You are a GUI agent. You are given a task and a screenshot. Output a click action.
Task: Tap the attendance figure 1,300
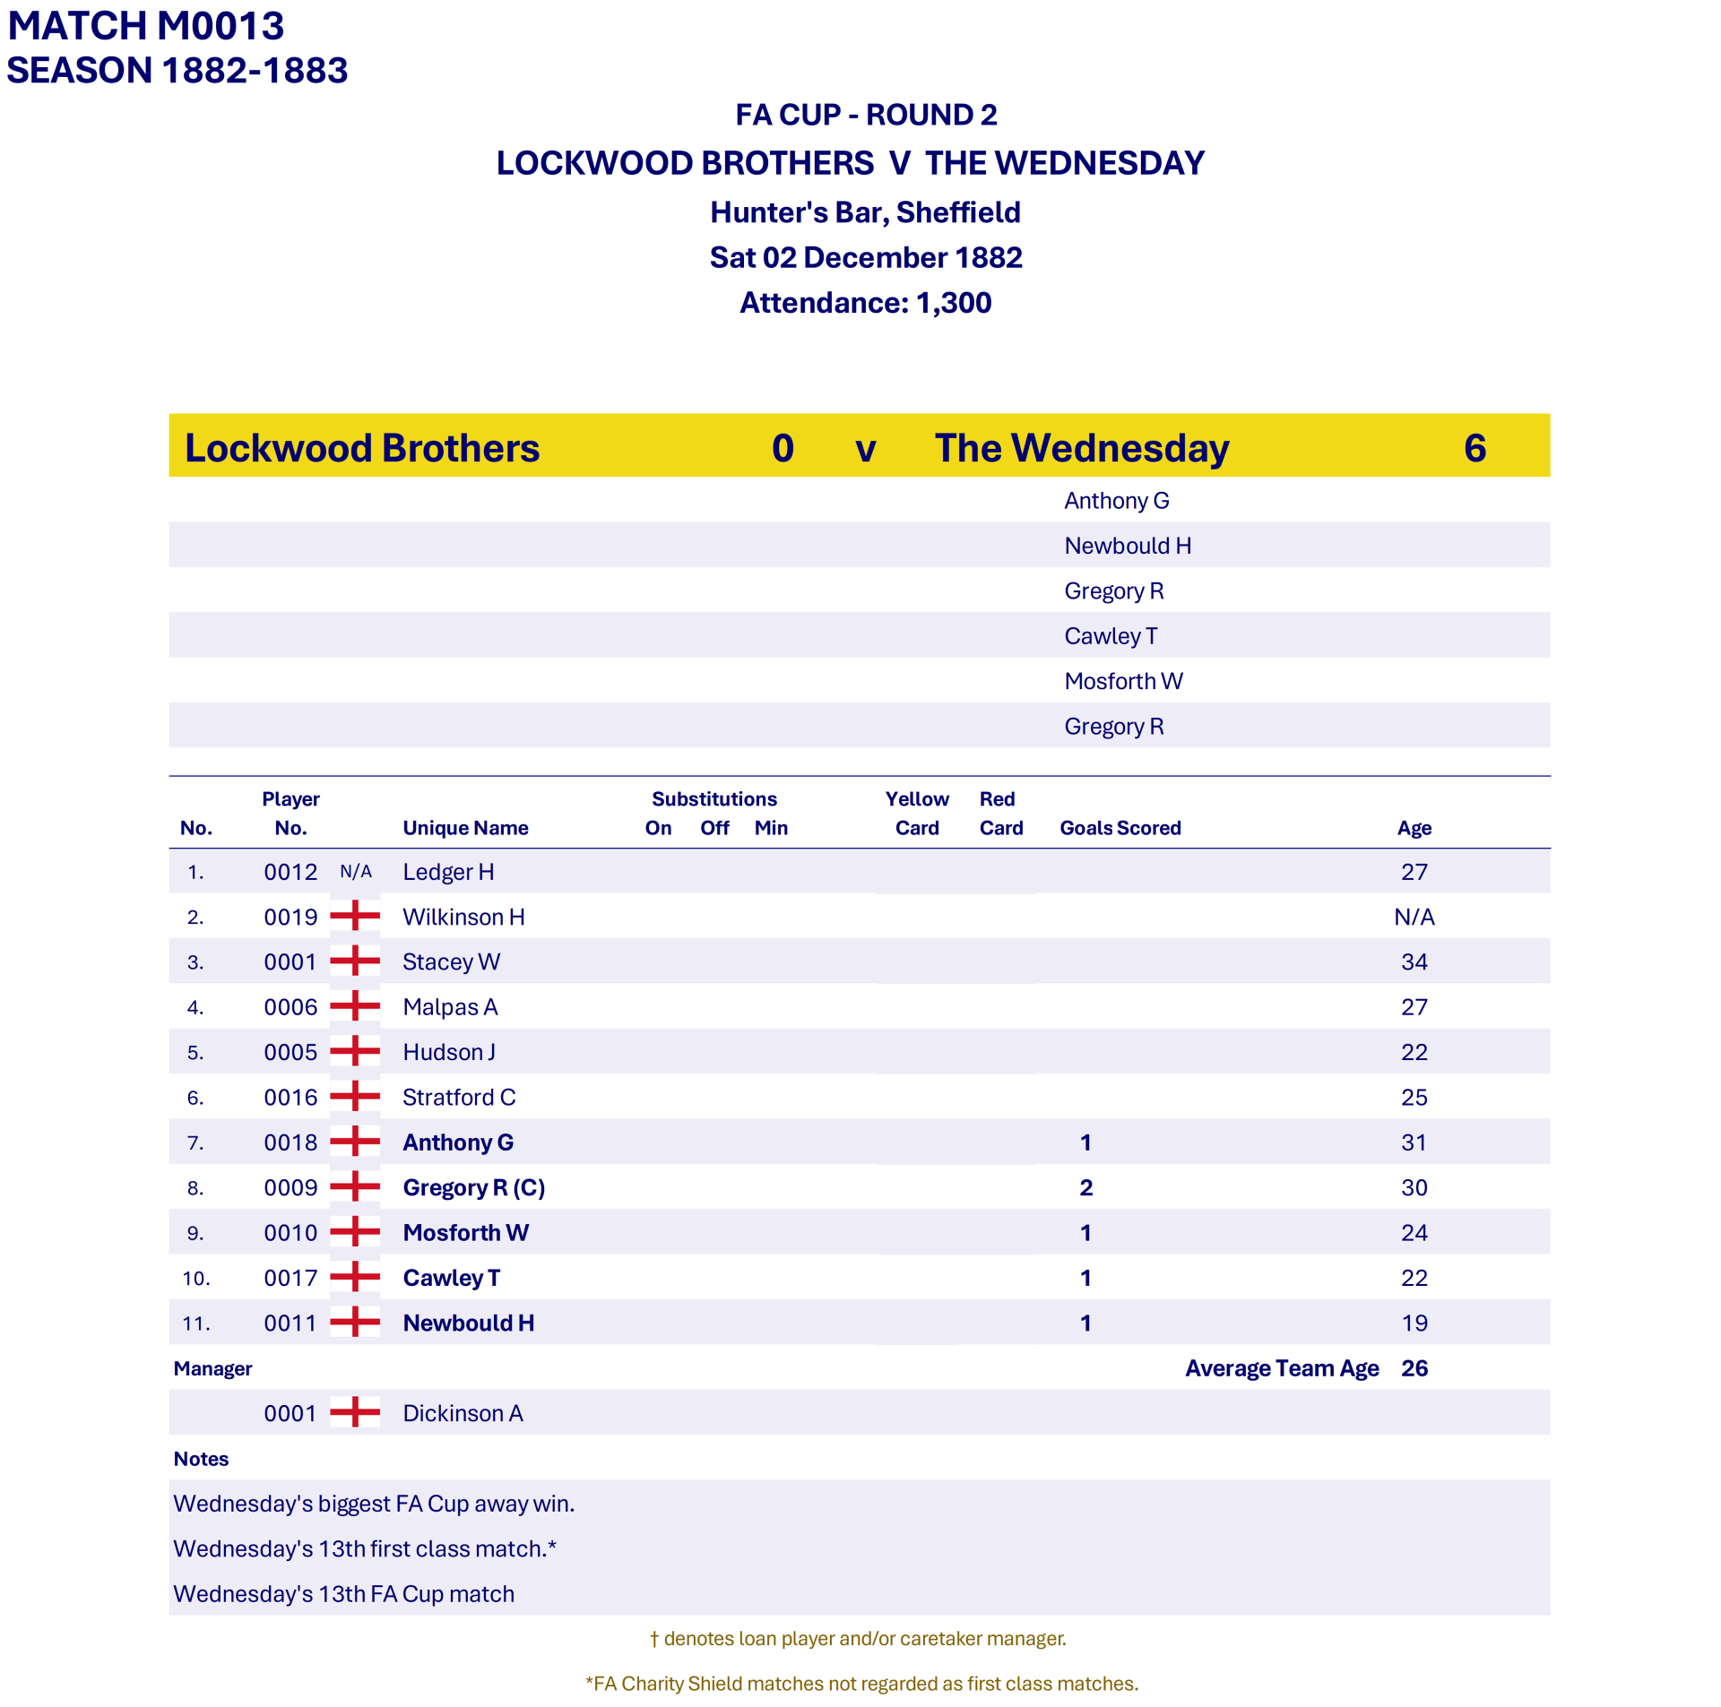pyautogui.click(x=953, y=303)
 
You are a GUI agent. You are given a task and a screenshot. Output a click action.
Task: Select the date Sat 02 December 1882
pyautogui.click(x=865, y=258)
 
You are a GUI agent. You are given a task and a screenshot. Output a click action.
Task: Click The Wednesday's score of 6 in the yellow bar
pyautogui.click(x=1475, y=448)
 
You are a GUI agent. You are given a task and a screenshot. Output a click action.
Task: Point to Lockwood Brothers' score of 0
pyautogui.click(x=783, y=448)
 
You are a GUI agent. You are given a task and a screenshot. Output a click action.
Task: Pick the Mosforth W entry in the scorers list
pyautogui.click(x=1123, y=682)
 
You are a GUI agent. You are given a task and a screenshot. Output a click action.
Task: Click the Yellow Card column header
pyautogui.click(x=916, y=813)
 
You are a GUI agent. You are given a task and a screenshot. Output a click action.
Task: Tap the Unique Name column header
pyautogui.click(x=465, y=828)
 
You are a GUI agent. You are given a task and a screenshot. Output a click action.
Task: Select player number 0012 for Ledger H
pyautogui.click(x=290, y=872)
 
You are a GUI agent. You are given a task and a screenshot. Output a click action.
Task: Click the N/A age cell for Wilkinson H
pyautogui.click(x=1414, y=917)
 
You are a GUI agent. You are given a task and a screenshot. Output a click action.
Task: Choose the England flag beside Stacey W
pyautogui.click(x=355, y=961)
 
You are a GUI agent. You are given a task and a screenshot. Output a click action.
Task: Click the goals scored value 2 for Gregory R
pyautogui.click(x=1085, y=1187)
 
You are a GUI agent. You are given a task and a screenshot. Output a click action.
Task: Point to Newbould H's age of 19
pyautogui.click(x=1414, y=1323)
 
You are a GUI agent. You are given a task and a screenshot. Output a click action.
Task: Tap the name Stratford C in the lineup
pyautogui.click(x=459, y=1097)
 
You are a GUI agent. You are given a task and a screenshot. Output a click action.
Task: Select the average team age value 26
pyautogui.click(x=1414, y=1368)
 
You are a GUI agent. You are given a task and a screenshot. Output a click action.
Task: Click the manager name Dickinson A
pyautogui.click(x=463, y=1413)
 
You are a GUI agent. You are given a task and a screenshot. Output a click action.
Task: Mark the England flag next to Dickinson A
pyautogui.click(x=355, y=1412)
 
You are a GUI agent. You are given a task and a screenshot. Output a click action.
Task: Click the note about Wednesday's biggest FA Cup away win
pyautogui.click(x=374, y=1504)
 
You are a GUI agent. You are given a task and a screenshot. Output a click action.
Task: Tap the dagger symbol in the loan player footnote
pyautogui.click(x=654, y=1639)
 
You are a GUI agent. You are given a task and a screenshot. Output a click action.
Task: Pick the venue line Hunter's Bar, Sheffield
pyautogui.click(x=865, y=212)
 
